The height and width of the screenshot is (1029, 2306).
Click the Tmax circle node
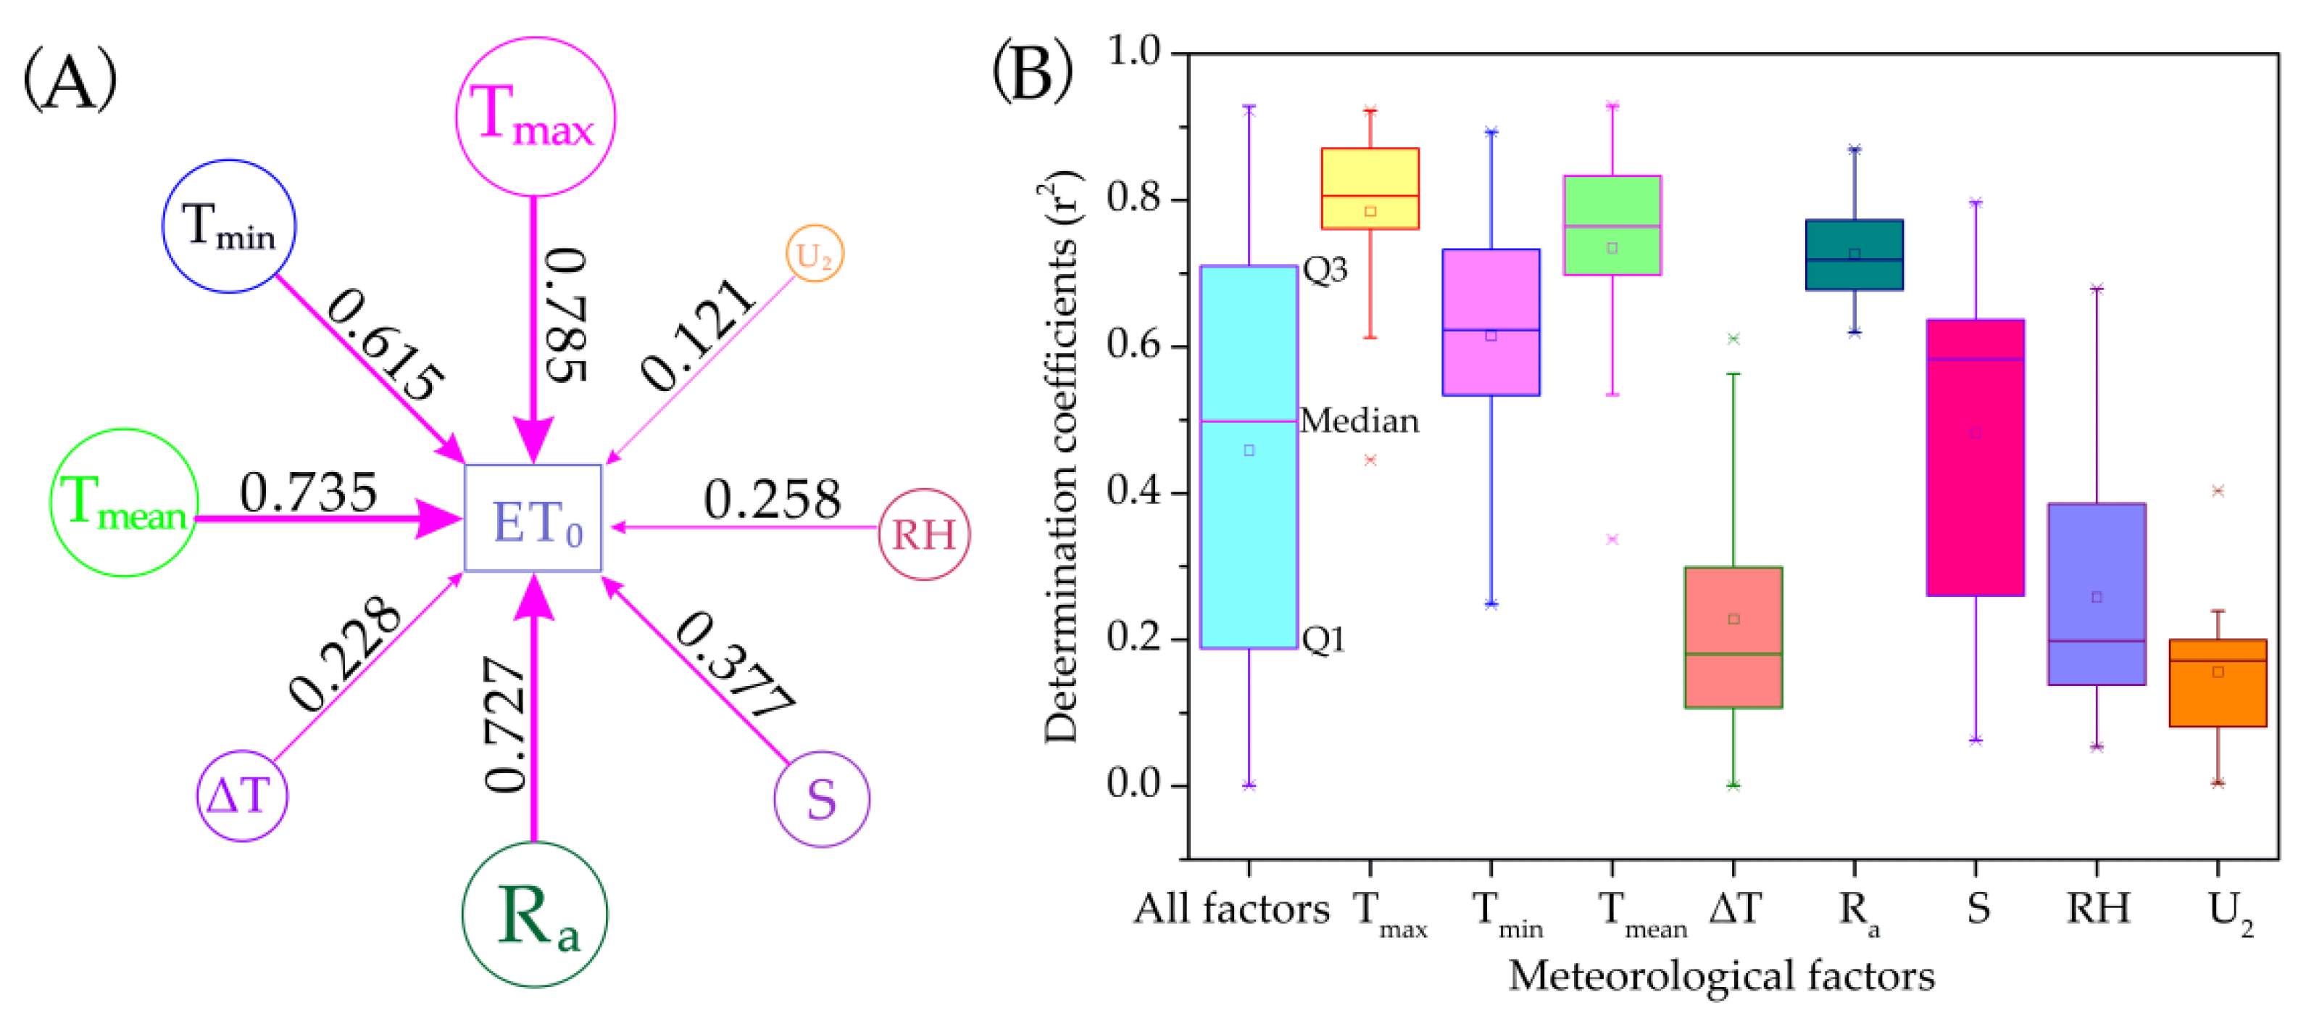tap(536, 117)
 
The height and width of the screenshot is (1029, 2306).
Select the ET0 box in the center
tap(533, 518)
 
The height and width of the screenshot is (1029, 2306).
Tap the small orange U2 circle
tap(814, 255)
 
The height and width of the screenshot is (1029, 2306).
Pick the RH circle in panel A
tap(924, 534)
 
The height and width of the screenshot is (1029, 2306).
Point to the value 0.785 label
tap(567, 315)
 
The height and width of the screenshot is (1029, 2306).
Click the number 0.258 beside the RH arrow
tap(772, 499)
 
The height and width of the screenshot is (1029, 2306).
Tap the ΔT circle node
tap(242, 795)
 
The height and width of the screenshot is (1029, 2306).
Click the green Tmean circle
tap(123, 503)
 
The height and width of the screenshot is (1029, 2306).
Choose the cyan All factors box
tap(1248, 457)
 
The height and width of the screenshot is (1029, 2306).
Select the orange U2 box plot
tap(2218, 682)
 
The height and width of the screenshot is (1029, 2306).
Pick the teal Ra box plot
tap(1854, 255)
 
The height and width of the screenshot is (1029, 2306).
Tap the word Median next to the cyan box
tap(1359, 421)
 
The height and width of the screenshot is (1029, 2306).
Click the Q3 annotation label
tap(1325, 268)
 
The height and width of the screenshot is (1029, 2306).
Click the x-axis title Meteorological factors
tap(1720, 976)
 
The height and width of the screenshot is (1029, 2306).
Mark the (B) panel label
tap(1032, 71)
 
